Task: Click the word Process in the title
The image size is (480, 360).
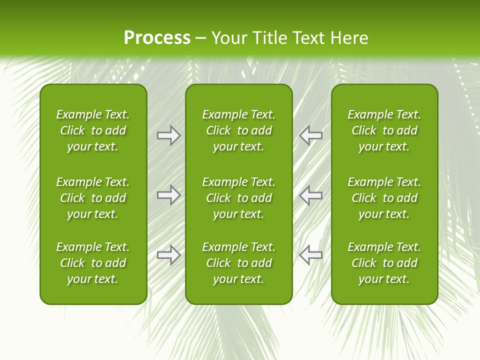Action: pyautogui.click(x=157, y=38)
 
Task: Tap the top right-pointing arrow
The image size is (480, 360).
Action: pyautogui.click(x=168, y=135)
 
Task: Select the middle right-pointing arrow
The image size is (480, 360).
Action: pyautogui.click(x=168, y=195)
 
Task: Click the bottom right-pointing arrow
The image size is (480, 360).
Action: pyautogui.click(x=168, y=255)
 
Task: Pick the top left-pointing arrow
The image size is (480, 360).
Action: pyautogui.click(x=311, y=135)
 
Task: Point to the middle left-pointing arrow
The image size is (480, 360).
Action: pyautogui.click(x=311, y=195)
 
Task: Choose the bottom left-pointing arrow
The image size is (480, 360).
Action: pyautogui.click(x=311, y=255)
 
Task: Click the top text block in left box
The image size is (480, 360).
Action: pyautogui.click(x=93, y=130)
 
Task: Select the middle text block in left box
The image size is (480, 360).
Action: pyautogui.click(x=93, y=198)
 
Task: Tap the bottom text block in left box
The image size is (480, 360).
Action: pyautogui.click(x=93, y=263)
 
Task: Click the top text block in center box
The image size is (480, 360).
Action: pyautogui.click(x=238, y=130)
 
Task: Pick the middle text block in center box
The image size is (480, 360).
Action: pyautogui.click(x=238, y=198)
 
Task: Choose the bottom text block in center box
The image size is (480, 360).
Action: pyautogui.click(x=238, y=263)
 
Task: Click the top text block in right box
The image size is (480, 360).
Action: pyautogui.click(x=384, y=130)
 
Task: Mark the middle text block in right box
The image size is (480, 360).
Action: pyautogui.click(x=384, y=198)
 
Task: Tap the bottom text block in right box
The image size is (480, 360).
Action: pyautogui.click(x=384, y=263)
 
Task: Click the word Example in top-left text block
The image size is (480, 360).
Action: pyautogui.click(x=78, y=115)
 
